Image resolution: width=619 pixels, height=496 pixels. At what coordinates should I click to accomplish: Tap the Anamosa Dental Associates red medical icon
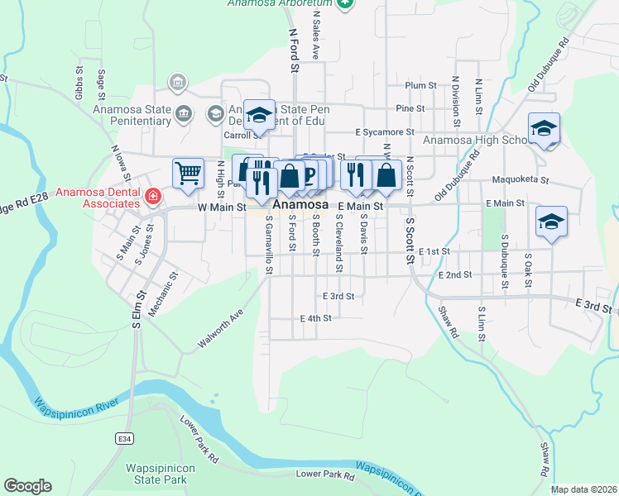pyautogui.click(x=152, y=196)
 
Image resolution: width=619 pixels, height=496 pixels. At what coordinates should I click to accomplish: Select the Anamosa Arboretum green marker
pyautogui.click(x=347, y=3)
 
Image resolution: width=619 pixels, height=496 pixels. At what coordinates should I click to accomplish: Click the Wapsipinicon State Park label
pyautogui.click(x=156, y=473)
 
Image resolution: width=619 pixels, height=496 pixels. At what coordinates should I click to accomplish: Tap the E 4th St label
pyautogui.click(x=315, y=317)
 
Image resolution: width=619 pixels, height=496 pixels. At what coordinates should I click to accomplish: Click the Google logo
pyautogui.click(x=27, y=486)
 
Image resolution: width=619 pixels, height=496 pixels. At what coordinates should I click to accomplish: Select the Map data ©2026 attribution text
pyautogui.click(x=583, y=489)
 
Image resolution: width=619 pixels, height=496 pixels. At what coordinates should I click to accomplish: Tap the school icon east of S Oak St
pyautogui.click(x=551, y=222)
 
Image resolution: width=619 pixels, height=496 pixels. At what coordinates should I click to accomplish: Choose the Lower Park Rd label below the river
pyautogui.click(x=325, y=475)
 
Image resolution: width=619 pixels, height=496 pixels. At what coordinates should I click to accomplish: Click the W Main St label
pyautogui.click(x=223, y=207)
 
